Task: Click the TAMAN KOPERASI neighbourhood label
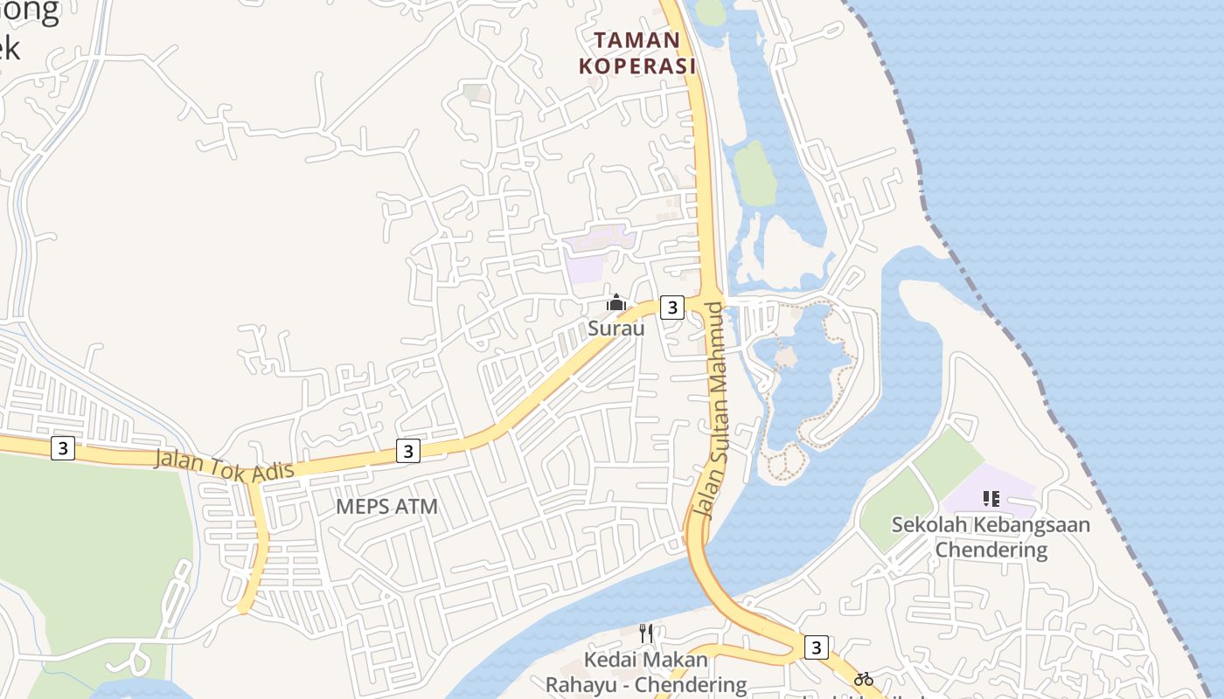(x=636, y=52)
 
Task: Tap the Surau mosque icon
(x=616, y=303)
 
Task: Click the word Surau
(x=616, y=329)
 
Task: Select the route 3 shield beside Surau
(x=671, y=307)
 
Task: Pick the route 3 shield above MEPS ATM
(x=407, y=451)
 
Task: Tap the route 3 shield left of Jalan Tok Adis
(x=62, y=448)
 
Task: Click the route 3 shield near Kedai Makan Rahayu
(x=816, y=647)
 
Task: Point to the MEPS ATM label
(x=386, y=507)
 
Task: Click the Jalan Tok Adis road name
(x=224, y=466)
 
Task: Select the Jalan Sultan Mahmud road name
(x=713, y=411)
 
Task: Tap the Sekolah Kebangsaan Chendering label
(x=991, y=536)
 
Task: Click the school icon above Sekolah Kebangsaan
(x=991, y=499)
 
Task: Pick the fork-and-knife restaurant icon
(x=646, y=633)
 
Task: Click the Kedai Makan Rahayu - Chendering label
(x=647, y=672)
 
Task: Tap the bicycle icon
(x=864, y=679)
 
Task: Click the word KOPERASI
(x=636, y=66)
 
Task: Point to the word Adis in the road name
(x=271, y=473)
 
